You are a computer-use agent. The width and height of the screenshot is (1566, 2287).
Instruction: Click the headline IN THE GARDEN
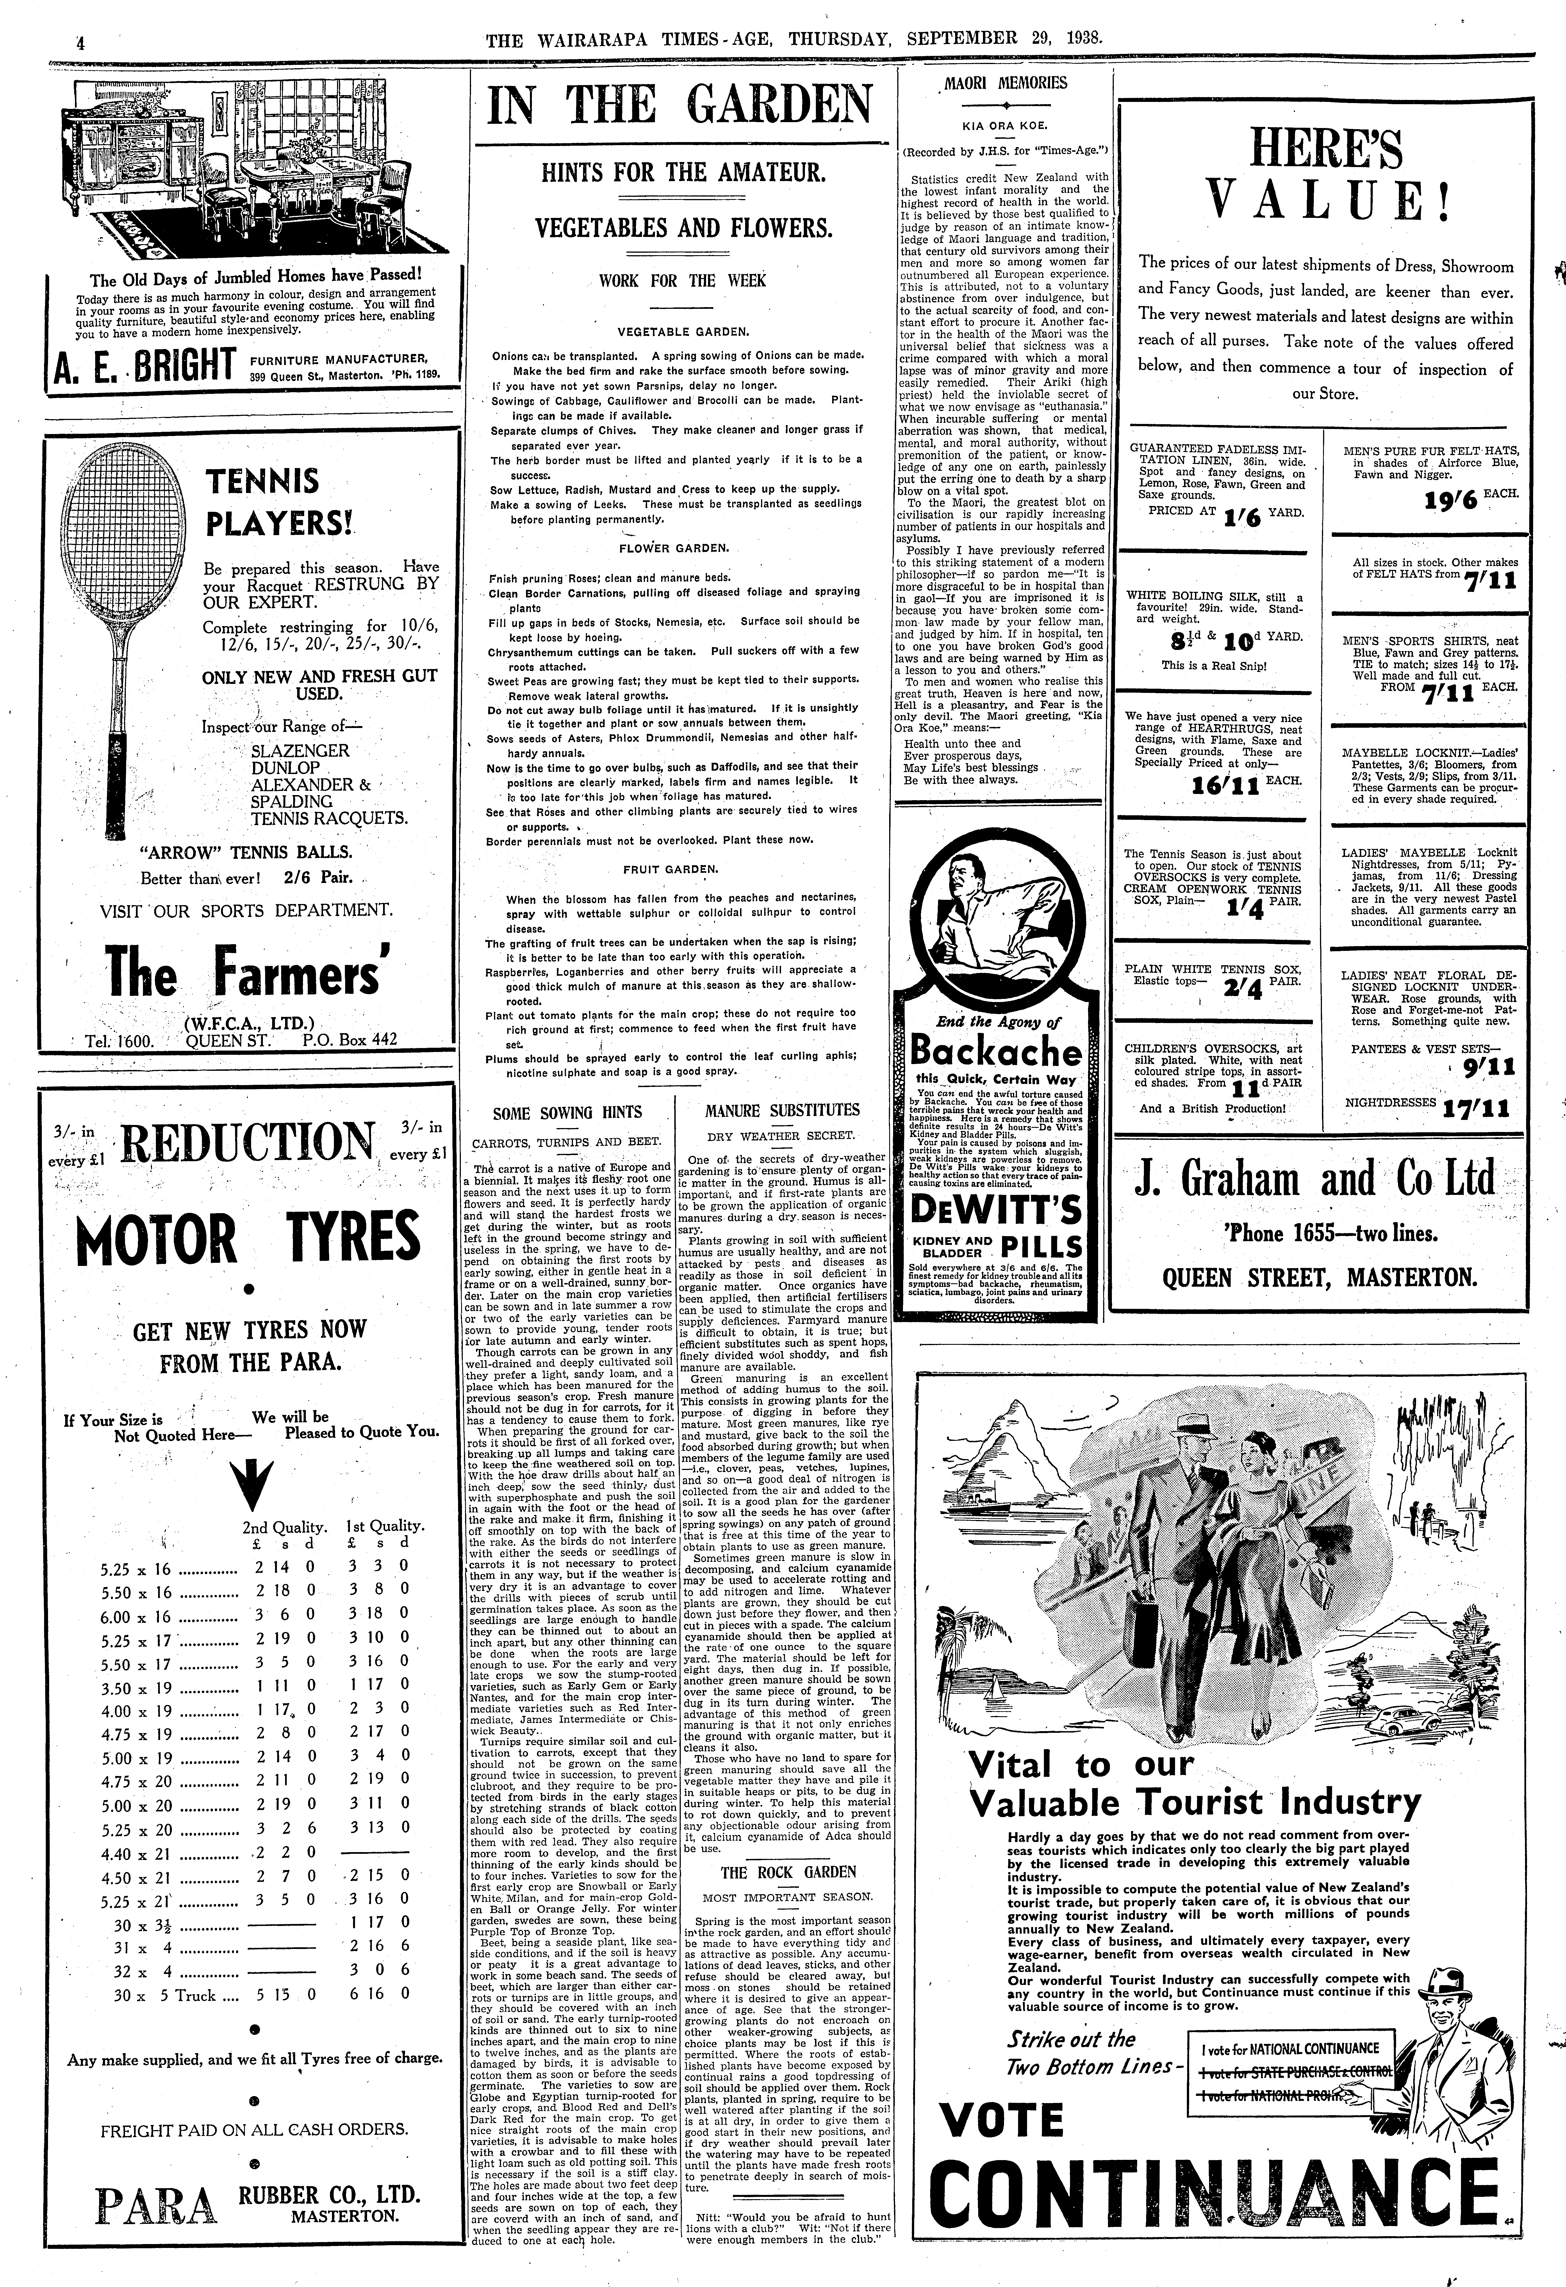679,106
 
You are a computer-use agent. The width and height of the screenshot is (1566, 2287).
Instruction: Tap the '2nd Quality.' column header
284,1528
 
